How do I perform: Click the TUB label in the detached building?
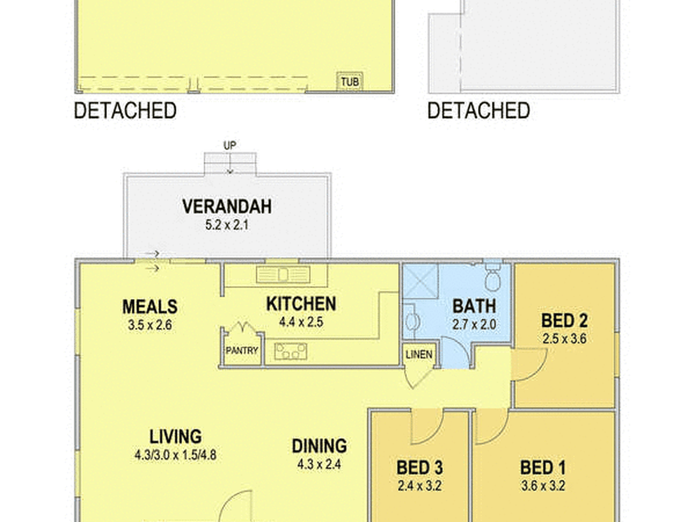350,81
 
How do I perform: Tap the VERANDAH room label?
227,207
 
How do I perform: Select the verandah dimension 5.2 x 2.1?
227,225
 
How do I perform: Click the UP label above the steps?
230,145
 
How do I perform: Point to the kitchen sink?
283,274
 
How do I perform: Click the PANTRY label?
242,351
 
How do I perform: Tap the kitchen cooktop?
291,351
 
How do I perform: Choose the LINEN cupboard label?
419,355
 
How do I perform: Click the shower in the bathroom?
421,281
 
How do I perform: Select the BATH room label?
474,306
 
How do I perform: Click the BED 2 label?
564,321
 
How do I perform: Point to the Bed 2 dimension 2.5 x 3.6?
564,339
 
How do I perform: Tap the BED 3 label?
420,468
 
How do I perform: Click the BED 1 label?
543,468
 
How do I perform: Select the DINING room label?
319,446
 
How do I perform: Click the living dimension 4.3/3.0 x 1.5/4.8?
176,455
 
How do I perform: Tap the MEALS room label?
150,307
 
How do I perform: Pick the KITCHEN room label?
301,304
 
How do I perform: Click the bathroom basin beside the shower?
412,322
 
